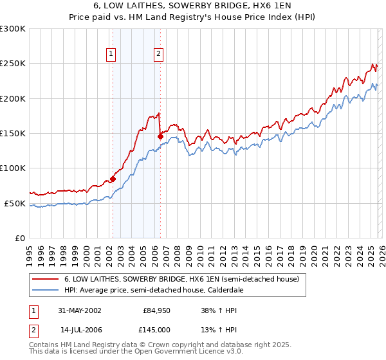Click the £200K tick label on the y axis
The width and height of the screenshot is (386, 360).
[13, 98]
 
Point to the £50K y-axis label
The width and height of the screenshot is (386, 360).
[15, 203]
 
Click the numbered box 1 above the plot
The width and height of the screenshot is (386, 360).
[112, 55]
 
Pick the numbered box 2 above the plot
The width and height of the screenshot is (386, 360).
[158, 55]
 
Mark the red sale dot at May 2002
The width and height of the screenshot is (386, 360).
[113, 179]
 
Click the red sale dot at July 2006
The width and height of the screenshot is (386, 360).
[160, 136]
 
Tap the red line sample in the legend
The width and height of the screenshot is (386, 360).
[45, 280]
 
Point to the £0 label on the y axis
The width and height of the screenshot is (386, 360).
[19, 238]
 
